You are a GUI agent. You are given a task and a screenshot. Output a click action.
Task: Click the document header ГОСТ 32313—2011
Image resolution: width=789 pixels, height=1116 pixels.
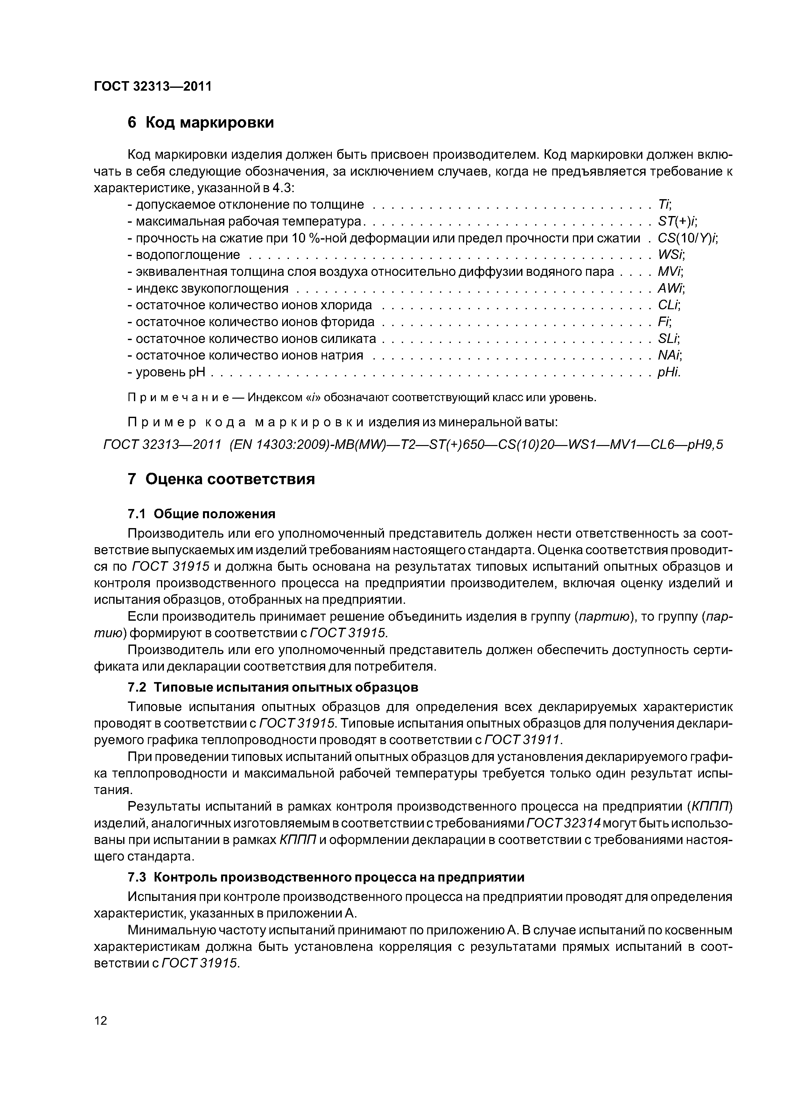[152, 87]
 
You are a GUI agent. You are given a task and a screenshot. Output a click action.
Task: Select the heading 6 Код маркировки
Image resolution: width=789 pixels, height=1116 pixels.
[200, 122]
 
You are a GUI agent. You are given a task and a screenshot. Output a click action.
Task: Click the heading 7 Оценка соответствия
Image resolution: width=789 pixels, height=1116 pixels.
[221, 479]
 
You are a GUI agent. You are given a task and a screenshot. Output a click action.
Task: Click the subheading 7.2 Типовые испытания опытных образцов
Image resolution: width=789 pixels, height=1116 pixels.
[272, 687]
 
